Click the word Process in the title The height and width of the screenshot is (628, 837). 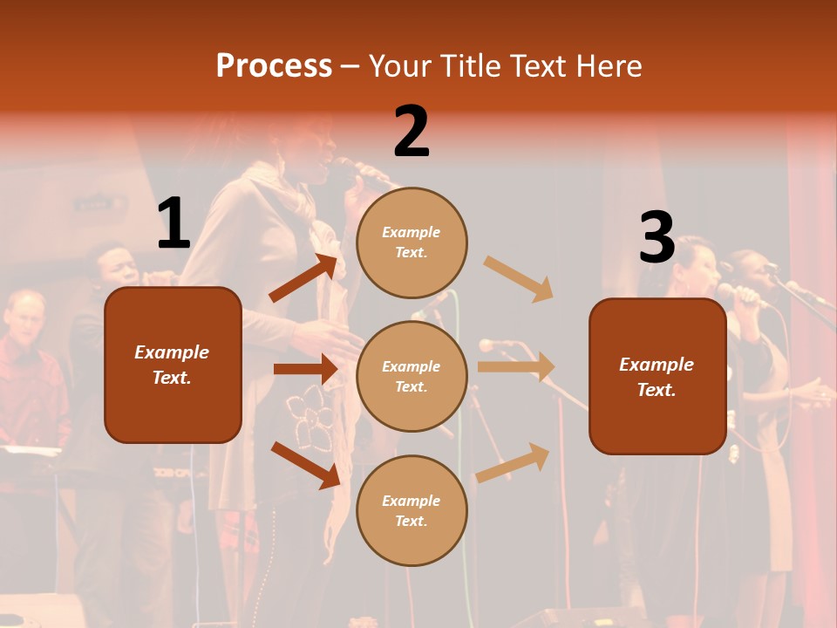274,65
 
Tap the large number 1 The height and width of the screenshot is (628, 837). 174,224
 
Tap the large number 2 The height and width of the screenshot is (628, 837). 412,132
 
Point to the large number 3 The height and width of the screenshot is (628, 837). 657,238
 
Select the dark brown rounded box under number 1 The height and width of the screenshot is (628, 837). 173,365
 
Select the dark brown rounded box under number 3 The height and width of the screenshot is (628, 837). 657,376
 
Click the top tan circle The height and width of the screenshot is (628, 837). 412,242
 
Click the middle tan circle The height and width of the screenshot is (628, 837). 412,376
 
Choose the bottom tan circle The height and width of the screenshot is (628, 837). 412,510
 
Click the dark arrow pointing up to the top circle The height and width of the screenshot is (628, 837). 303,278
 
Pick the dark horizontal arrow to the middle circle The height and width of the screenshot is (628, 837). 304,369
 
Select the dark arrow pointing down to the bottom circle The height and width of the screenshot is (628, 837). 304,464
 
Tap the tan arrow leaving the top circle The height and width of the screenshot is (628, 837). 518,279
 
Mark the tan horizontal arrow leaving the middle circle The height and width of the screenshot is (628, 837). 515,366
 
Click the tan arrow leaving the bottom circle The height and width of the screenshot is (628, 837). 513,462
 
